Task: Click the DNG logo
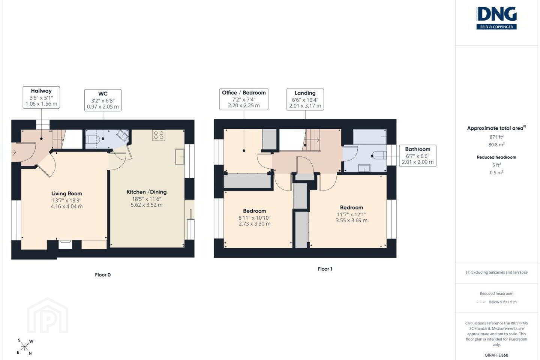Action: [x=496, y=18]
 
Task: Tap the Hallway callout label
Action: [x=41, y=97]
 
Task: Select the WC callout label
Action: [x=103, y=100]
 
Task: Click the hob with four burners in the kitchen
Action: [x=159, y=135]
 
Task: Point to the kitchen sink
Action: [x=180, y=157]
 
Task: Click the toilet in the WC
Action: [x=93, y=139]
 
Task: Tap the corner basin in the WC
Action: [x=123, y=135]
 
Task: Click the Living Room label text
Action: [x=66, y=193]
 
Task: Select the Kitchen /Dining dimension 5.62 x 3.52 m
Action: [x=147, y=205]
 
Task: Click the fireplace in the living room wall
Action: [x=65, y=244]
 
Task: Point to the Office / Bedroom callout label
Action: [x=244, y=99]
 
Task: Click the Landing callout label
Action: [x=305, y=99]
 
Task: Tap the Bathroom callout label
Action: [x=417, y=156]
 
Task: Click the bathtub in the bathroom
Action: [x=370, y=137]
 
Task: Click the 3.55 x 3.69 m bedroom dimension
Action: [x=351, y=220]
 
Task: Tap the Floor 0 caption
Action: [x=103, y=275]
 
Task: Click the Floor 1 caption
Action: [x=325, y=269]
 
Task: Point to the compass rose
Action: [x=25, y=347]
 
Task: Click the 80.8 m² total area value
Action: [x=496, y=144]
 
